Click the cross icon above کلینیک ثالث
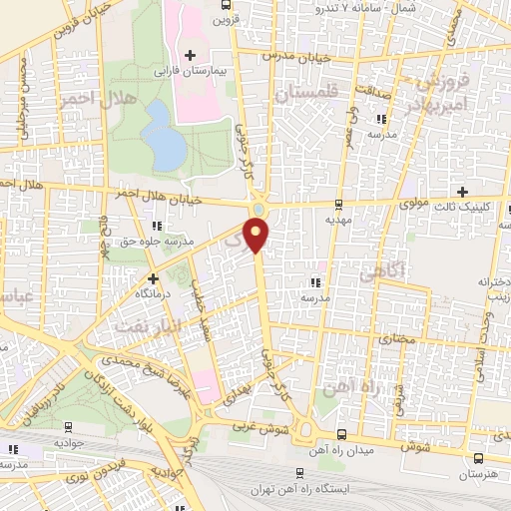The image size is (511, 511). (x=462, y=192)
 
